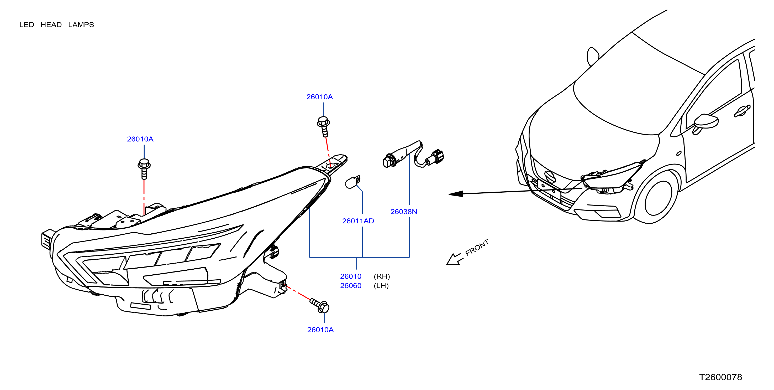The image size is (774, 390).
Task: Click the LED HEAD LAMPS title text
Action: click(56, 25)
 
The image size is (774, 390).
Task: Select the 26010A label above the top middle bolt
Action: click(319, 97)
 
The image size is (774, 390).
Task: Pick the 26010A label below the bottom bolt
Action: click(320, 330)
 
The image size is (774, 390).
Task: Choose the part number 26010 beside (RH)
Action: click(351, 276)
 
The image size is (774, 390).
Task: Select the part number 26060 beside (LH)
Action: click(351, 286)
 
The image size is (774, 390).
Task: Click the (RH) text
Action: click(382, 276)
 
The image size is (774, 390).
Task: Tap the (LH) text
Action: click(381, 286)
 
